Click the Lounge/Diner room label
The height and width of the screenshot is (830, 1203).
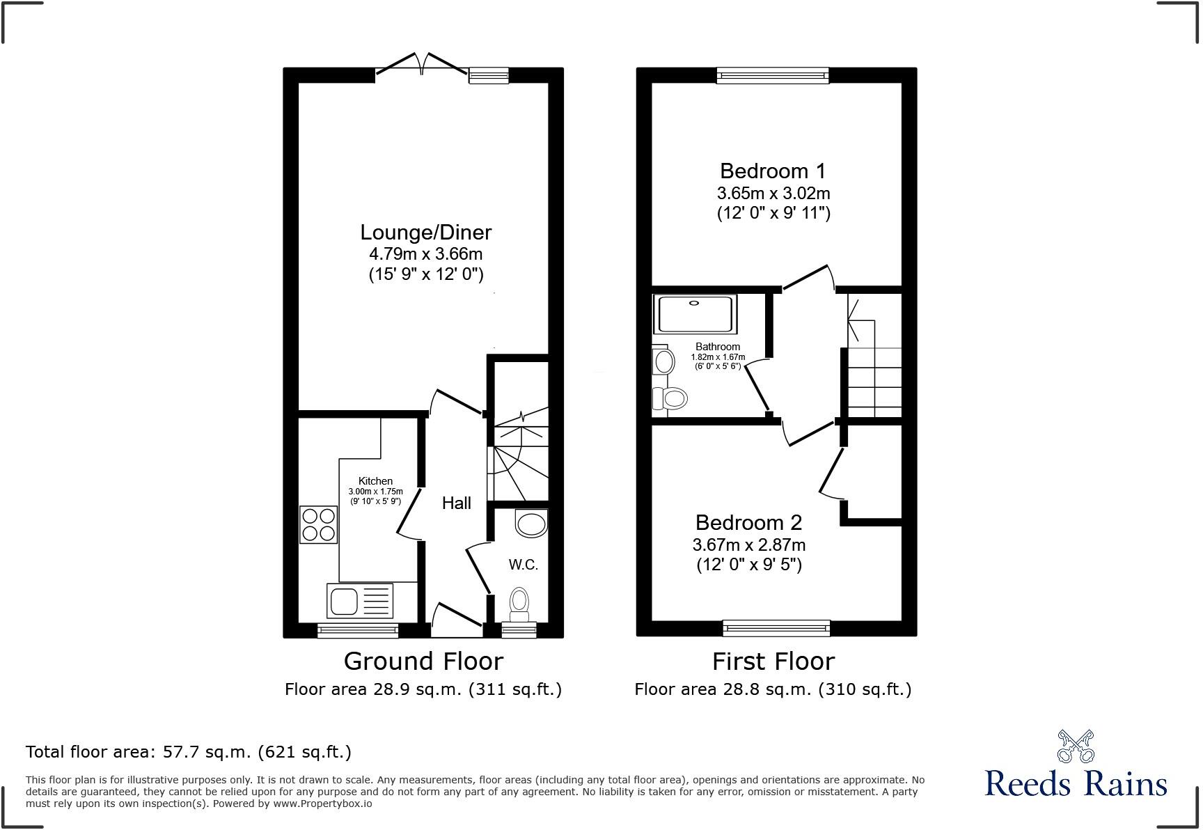425,233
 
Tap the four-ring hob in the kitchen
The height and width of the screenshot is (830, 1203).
318,525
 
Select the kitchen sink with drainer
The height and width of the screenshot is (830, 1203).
359,600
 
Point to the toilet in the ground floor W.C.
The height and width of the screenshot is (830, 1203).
519,604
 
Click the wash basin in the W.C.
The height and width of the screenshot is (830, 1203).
532,524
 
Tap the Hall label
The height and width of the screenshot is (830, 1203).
457,503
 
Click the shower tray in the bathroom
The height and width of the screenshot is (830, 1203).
694,314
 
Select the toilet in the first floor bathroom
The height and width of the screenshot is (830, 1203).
670,399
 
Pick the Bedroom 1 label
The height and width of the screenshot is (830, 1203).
773,171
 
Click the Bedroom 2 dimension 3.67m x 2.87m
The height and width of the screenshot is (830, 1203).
749,545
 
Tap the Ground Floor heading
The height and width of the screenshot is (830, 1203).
423,661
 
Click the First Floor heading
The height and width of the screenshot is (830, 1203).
773,661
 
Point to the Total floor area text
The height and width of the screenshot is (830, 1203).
189,752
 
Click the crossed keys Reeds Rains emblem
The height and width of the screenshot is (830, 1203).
1076,747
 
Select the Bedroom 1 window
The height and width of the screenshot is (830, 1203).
773,75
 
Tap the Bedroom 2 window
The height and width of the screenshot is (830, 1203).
776,628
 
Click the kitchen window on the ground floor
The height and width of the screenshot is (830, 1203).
358,631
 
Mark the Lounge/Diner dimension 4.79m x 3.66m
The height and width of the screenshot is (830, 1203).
425,254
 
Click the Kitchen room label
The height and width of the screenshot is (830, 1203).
375,481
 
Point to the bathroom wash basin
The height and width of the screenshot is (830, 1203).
664,361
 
